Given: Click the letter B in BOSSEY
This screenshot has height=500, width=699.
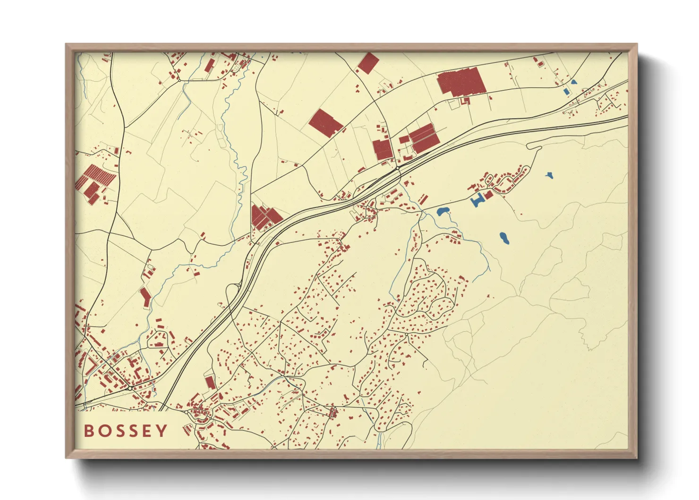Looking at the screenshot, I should click(88, 431).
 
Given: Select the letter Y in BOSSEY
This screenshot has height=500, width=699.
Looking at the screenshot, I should click(162, 431).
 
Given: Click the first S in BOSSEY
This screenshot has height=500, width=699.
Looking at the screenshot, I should click(119, 431).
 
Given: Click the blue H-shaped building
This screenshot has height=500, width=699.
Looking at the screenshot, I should click(477, 199).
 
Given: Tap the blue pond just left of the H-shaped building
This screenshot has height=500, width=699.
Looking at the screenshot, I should click(443, 211).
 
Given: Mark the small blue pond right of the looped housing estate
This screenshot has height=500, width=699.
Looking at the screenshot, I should click(549, 175).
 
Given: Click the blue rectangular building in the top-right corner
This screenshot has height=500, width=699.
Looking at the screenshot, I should click(567, 91).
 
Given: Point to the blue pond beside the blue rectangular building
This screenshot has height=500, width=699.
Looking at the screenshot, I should click(574, 82).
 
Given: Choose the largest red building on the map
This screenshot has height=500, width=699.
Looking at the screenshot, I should click(461, 82).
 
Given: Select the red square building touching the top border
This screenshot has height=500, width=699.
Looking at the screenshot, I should click(368, 63).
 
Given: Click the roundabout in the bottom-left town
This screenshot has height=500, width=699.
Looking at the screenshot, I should click(130, 388).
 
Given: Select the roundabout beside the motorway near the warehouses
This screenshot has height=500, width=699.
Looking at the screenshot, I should click(398, 167).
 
